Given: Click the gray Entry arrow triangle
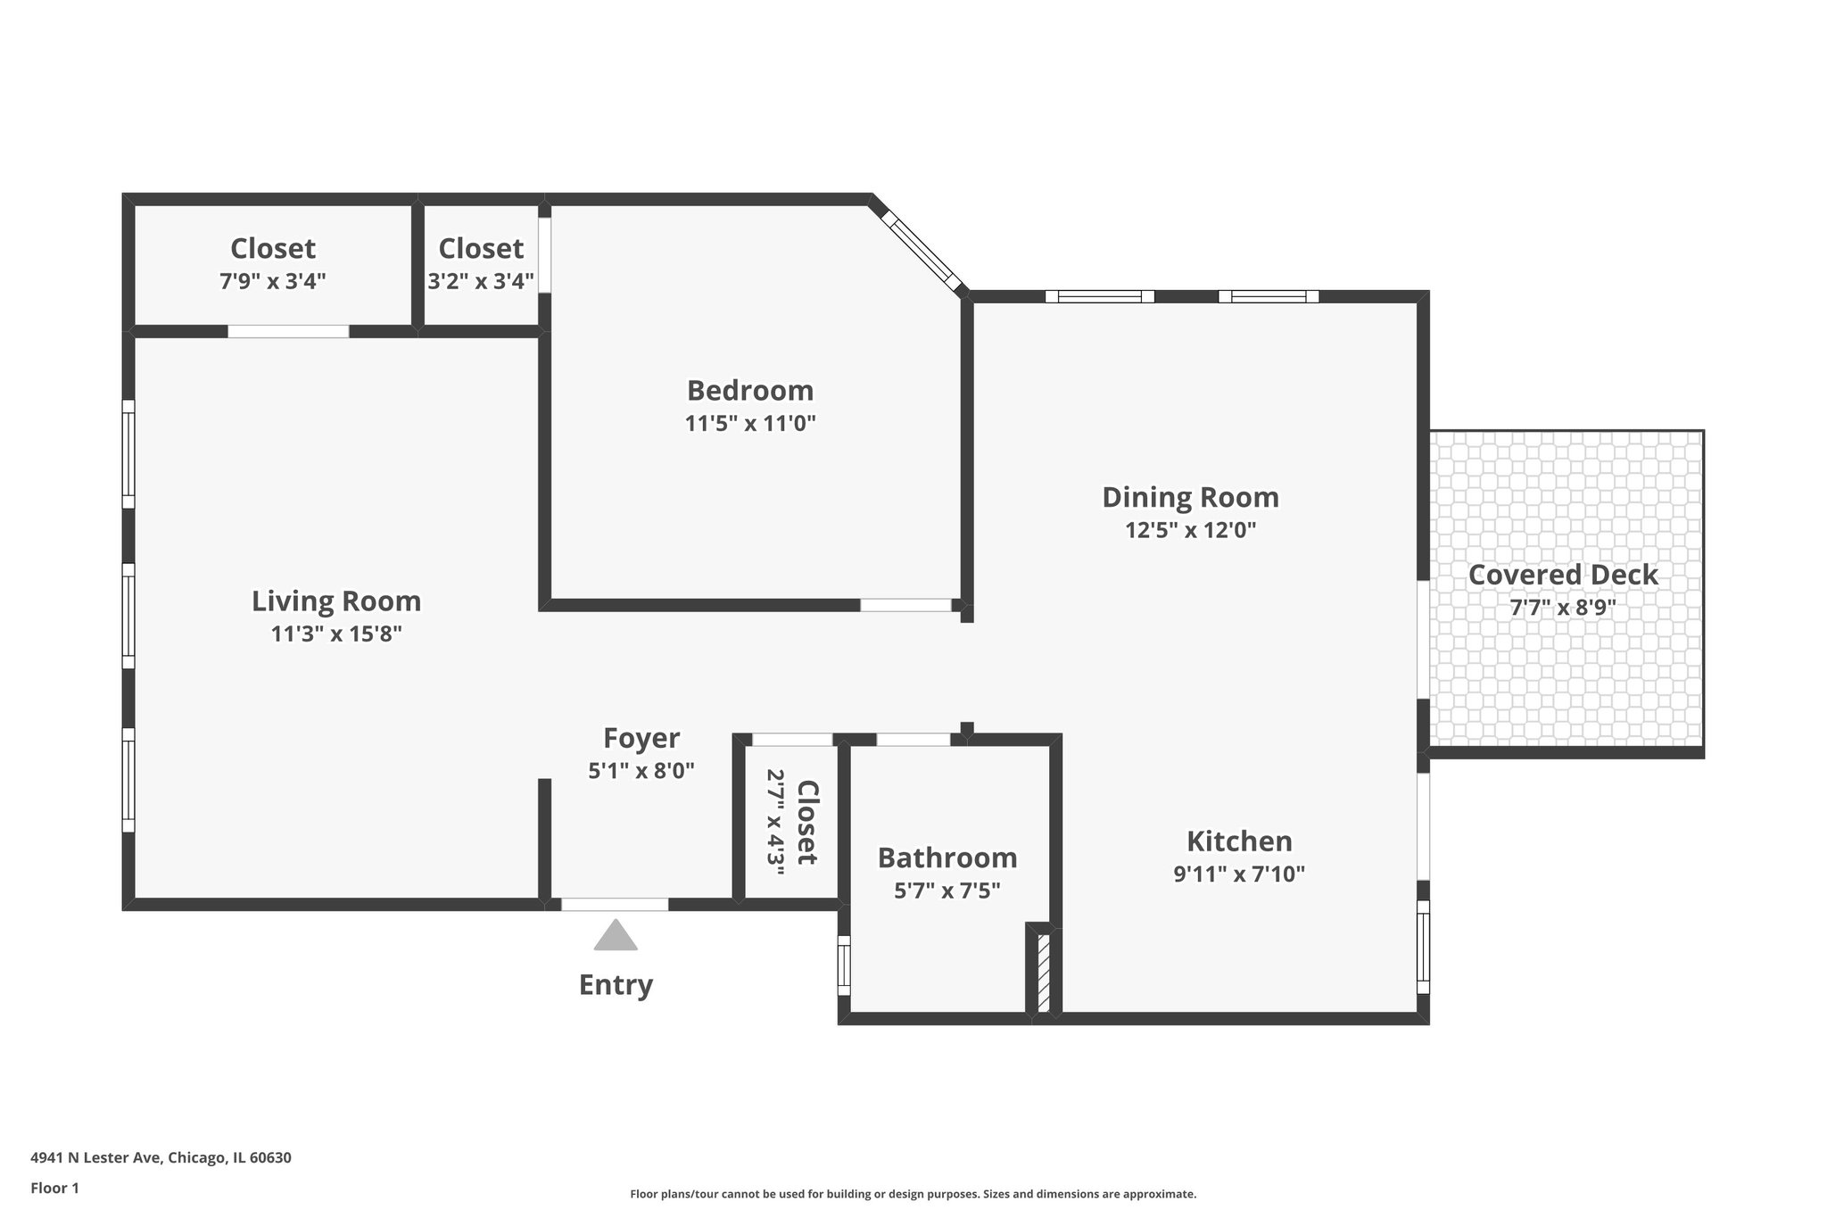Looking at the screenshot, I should click(616, 937).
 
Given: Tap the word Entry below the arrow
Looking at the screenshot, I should click(616, 985).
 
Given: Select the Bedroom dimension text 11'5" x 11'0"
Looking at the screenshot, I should click(750, 423).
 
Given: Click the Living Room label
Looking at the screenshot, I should click(336, 601).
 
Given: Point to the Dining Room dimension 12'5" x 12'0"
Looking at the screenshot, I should click(1190, 530).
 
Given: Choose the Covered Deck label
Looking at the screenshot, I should click(1563, 575).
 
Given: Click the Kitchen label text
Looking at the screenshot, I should click(1239, 841).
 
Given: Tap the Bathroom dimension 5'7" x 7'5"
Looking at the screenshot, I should click(947, 891).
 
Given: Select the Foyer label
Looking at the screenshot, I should click(641, 739).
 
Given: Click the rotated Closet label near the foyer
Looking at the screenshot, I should click(806, 823).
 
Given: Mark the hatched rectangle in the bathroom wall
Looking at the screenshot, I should click(1044, 971).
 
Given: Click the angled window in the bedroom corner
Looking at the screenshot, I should click(922, 250).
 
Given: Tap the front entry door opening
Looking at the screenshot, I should click(615, 904).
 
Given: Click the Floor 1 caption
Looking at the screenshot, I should click(54, 1188).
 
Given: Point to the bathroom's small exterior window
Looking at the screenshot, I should click(844, 965).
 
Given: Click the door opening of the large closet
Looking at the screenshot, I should click(288, 331).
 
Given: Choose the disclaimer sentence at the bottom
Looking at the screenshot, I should click(913, 1194).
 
